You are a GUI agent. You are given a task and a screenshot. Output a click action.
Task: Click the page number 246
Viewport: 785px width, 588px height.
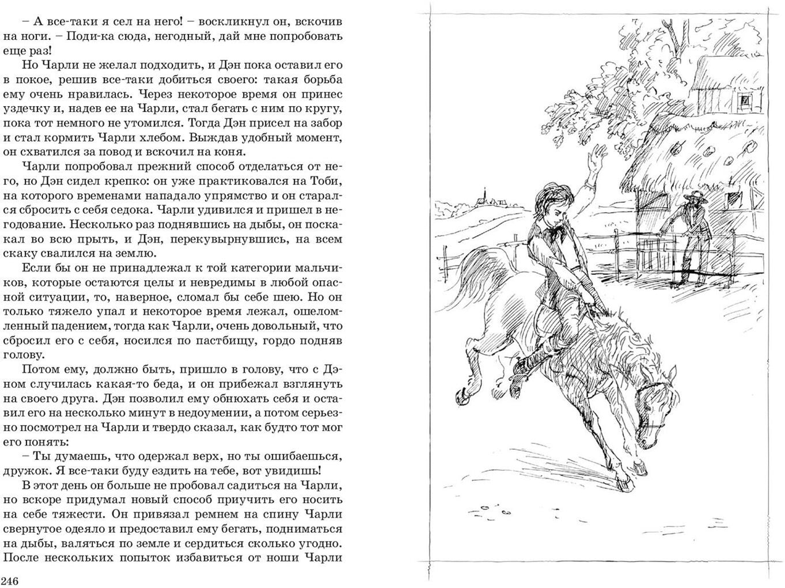[10, 581]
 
